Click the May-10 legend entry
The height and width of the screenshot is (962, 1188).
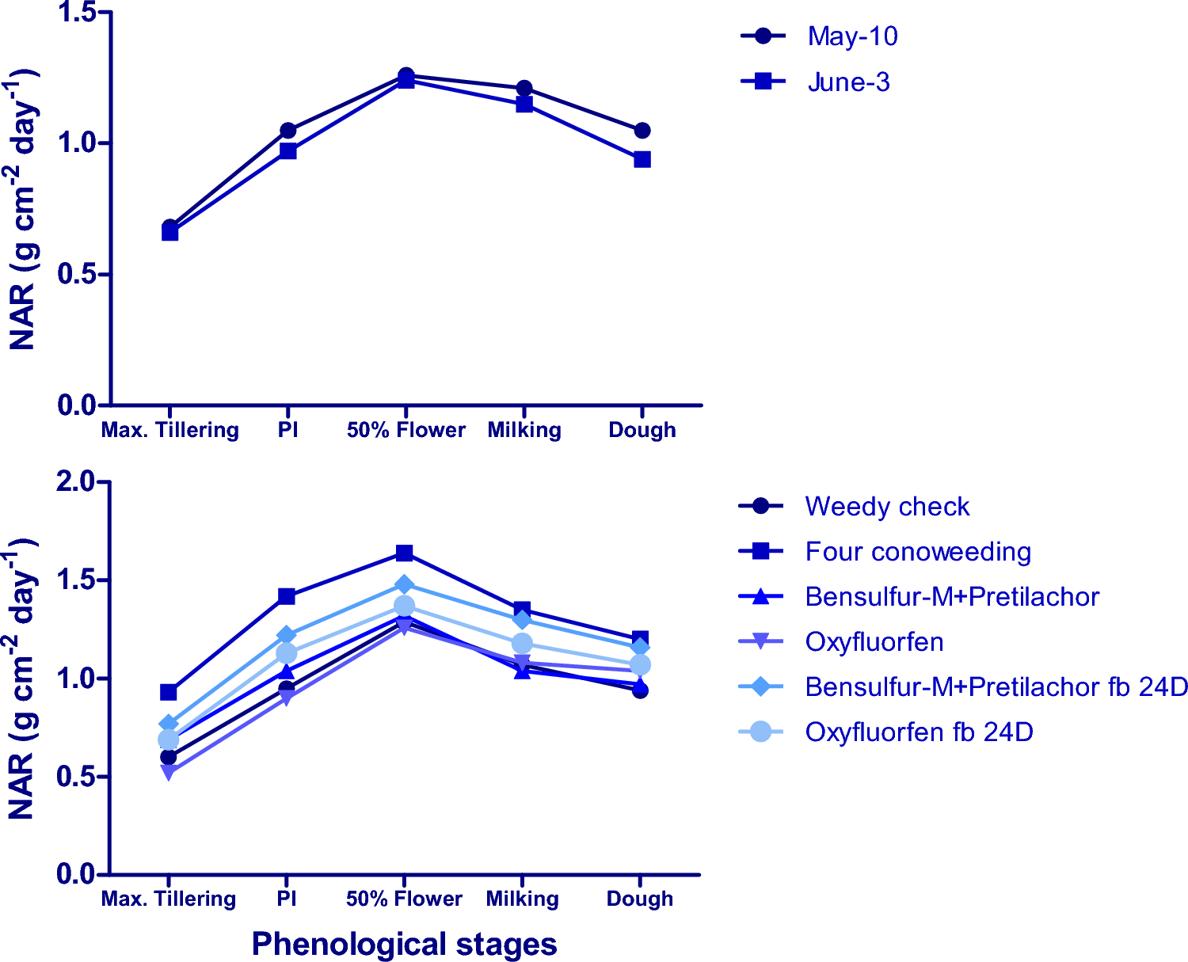(x=852, y=36)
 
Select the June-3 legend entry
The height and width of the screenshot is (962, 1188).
(x=848, y=82)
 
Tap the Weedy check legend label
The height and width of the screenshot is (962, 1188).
(x=887, y=507)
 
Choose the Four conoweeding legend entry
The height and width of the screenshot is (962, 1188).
(x=918, y=552)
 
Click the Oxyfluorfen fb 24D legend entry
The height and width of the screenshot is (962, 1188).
(x=919, y=732)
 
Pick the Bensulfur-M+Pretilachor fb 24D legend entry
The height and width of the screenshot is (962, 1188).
(x=996, y=687)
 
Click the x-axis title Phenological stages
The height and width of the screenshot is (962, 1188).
(x=404, y=944)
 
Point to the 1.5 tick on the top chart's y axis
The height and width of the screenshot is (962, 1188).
(x=78, y=13)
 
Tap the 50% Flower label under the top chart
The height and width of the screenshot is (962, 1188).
(x=406, y=431)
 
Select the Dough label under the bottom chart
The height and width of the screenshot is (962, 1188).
(x=640, y=899)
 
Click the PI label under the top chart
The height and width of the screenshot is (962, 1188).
(x=287, y=431)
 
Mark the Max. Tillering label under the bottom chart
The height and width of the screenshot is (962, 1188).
(x=169, y=899)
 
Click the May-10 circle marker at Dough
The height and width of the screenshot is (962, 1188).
(x=642, y=131)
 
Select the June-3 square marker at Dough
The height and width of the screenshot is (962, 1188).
(x=642, y=160)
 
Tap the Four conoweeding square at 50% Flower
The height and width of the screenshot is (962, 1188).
(x=405, y=553)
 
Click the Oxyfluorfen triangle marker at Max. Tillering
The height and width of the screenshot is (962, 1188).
(x=169, y=772)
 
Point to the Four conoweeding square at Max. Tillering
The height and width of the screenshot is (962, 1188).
(x=169, y=693)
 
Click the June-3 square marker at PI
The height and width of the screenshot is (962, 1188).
(x=287, y=151)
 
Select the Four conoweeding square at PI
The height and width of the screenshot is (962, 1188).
(x=287, y=596)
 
